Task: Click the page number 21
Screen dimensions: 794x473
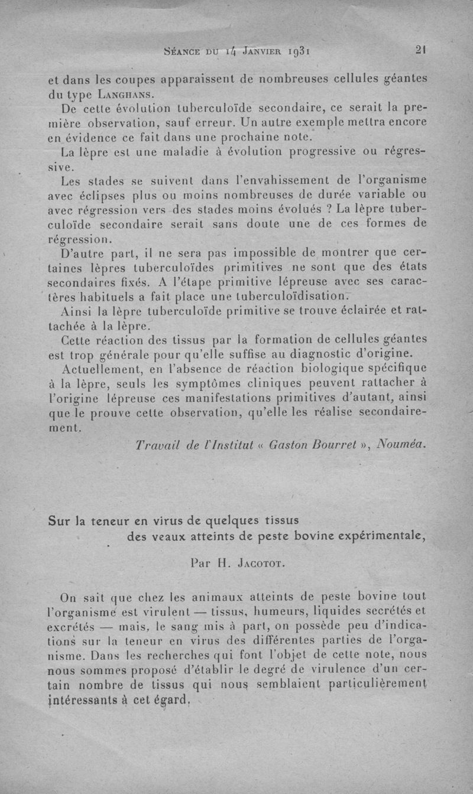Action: tap(421, 50)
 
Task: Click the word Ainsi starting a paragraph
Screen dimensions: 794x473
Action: tap(79, 310)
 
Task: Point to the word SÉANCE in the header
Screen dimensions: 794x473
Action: tap(182, 51)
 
